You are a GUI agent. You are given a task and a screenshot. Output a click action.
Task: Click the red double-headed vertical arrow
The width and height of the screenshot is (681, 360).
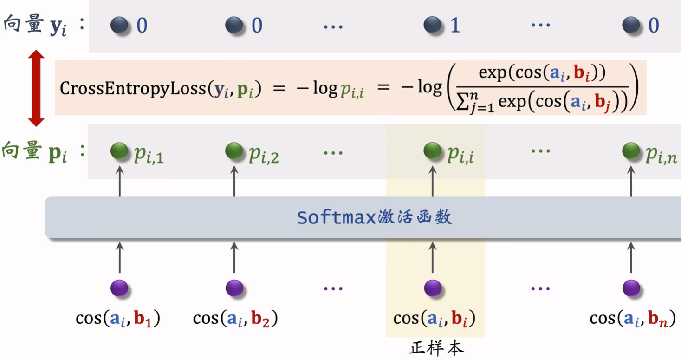36,88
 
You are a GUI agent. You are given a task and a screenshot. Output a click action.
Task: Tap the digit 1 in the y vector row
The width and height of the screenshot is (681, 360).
455,25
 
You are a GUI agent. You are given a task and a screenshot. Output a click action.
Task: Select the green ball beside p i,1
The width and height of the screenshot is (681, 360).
119,151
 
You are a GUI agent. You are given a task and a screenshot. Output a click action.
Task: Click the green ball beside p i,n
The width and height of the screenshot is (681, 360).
631,151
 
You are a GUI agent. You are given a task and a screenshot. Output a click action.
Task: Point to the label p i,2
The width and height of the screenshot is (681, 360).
264,155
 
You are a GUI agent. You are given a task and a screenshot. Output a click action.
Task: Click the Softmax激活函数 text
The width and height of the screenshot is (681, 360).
374,217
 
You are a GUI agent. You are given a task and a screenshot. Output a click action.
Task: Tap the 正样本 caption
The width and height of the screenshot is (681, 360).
436,348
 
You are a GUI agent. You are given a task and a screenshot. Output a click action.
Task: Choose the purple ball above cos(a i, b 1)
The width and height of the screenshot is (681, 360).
119,288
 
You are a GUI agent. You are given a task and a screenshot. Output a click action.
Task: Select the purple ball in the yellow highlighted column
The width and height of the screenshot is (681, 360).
433,288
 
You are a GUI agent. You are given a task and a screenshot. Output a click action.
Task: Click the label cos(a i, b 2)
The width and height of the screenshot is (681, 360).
235,319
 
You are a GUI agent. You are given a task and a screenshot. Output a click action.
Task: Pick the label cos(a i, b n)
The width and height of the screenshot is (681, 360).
633,319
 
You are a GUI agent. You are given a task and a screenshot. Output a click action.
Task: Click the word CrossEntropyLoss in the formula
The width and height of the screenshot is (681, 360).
133,89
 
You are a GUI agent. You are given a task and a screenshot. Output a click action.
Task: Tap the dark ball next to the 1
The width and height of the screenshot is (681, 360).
432,25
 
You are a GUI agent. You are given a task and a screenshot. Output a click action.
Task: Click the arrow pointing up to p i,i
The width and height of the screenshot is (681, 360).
433,181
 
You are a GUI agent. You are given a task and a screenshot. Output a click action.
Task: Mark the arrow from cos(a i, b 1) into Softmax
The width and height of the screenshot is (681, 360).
120,257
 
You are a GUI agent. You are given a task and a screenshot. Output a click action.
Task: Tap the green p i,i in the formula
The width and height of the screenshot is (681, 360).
352,90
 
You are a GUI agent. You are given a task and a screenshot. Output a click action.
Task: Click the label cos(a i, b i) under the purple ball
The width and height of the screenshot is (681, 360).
435,319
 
